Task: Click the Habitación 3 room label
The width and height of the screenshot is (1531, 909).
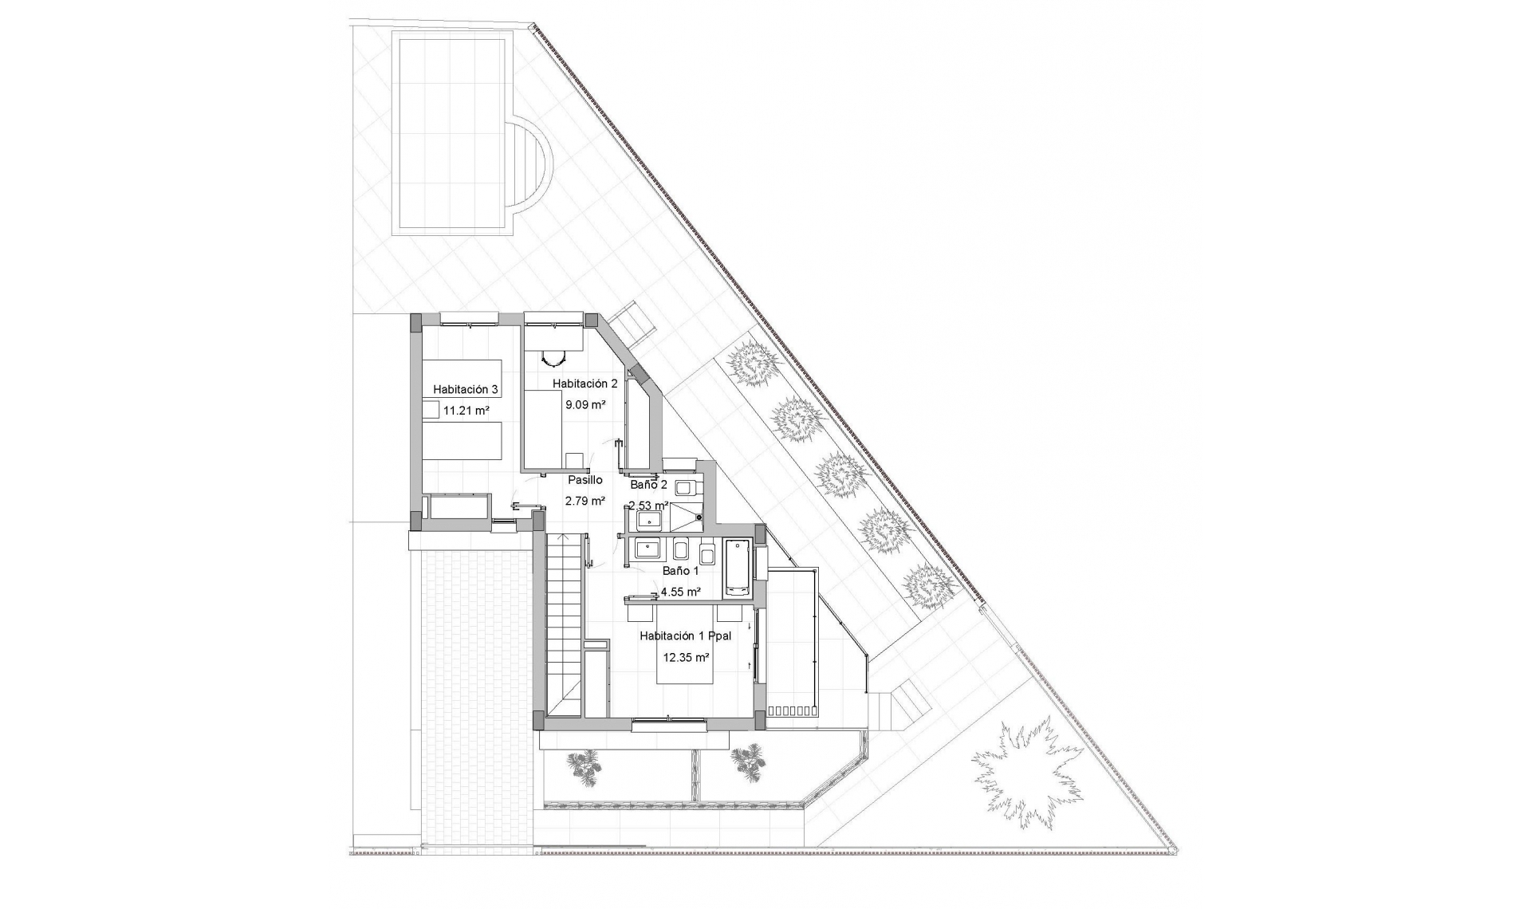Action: (466, 389)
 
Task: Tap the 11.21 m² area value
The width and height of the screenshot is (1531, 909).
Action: (466, 411)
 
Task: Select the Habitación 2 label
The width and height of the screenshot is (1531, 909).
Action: (584, 383)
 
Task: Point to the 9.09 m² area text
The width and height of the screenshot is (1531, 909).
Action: (585, 404)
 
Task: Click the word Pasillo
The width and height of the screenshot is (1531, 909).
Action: (584, 480)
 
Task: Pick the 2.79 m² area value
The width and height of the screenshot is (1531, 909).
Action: (584, 501)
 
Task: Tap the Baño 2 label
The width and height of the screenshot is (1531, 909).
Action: (648, 484)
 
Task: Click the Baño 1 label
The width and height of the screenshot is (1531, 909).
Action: (680, 570)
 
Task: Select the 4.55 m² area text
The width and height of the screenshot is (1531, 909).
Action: (680, 592)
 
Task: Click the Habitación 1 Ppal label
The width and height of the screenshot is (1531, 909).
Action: (686, 636)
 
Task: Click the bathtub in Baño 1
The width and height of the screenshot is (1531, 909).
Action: (736, 568)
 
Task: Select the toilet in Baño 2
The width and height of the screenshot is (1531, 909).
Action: (684, 486)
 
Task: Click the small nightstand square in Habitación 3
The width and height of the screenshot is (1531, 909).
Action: (430, 411)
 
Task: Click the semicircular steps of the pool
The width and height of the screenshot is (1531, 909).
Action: (529, 172)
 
